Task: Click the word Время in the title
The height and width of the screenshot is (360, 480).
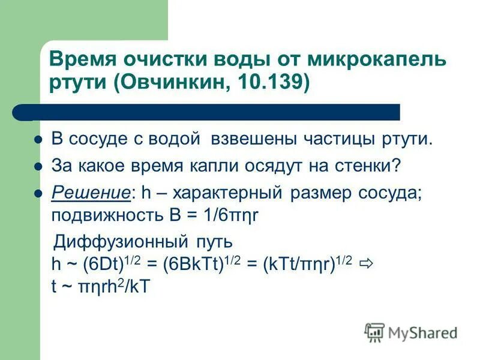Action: [x=80, y=60]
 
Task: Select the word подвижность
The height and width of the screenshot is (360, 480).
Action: [x=98, y=215]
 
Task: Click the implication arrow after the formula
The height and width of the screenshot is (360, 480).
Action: [x=367, y=264]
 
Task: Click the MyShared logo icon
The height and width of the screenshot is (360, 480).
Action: [x=374, y=331]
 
